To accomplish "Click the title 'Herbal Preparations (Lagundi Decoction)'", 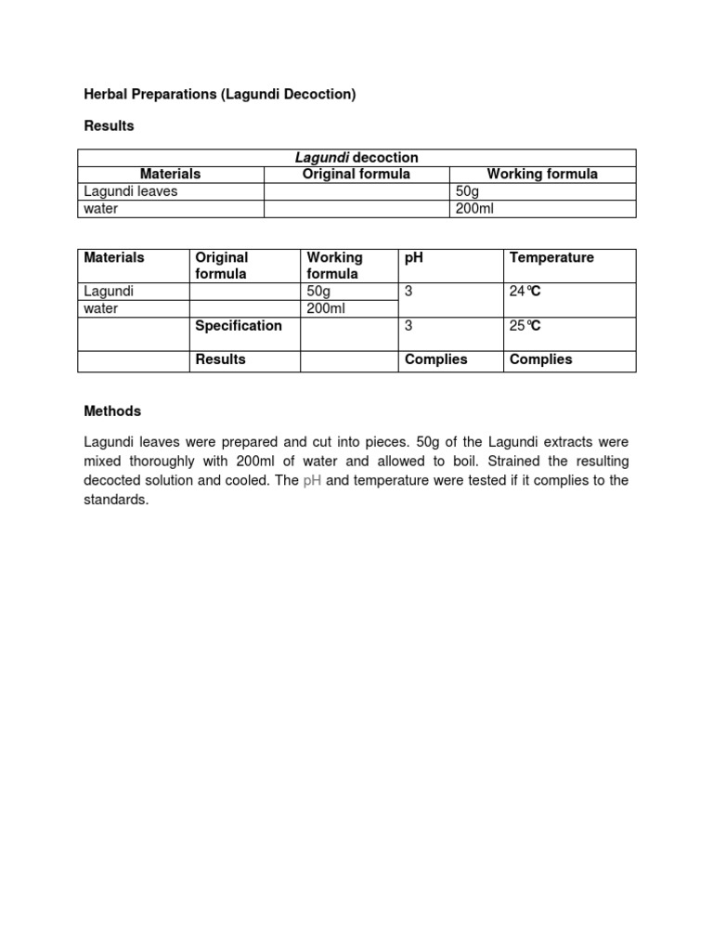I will coord(220,94).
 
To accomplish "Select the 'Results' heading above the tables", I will coord(109,125).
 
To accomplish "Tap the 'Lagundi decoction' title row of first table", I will coord(356,158).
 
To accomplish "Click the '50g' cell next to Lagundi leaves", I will coord(465,191).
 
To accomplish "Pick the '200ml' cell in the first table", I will coord(474,209).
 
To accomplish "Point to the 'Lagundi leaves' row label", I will coord(130,191).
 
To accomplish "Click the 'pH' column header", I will coord(414,257).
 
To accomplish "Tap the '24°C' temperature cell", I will coord(525,292).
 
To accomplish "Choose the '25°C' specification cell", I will coord(525,326).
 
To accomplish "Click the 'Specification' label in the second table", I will coord(239,326).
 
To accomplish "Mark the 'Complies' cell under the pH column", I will coord(436,359).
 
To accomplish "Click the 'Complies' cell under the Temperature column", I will coord(541,359).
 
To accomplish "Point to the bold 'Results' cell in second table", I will coord(221,359).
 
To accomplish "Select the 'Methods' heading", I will coord(112,410).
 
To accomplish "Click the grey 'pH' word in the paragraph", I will coord(312,480).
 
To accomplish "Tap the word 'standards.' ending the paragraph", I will coord(116,500).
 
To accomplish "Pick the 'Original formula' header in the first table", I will coord(356,174).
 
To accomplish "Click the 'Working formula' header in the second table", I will coord(335,266).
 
